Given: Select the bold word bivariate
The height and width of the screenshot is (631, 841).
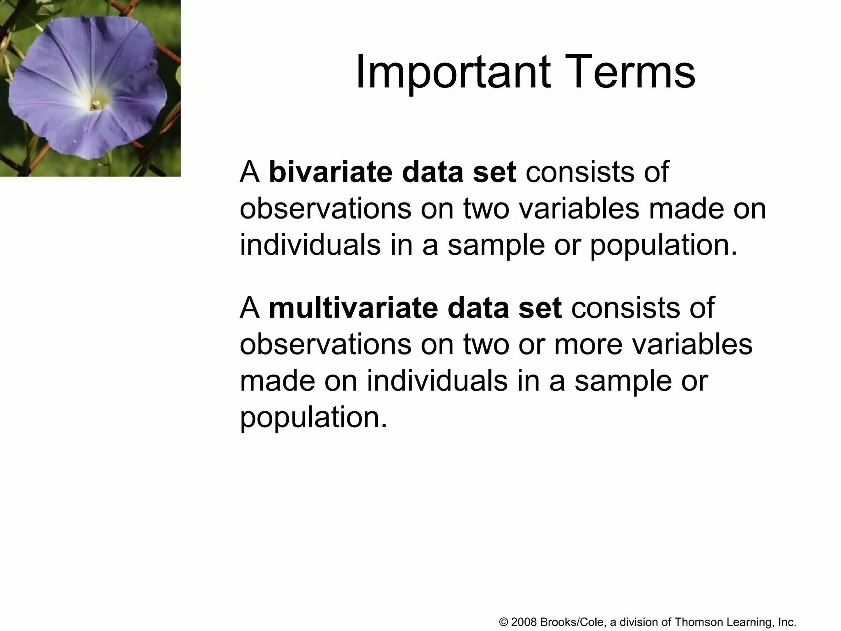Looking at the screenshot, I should click(x=331, y=172).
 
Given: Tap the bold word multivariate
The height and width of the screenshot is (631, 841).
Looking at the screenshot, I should click(x=353, y=308).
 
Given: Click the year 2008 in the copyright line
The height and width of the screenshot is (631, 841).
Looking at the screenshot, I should click(x=524, y=622).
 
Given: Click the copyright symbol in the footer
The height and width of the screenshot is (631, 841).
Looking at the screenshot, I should click(x=504, y=622).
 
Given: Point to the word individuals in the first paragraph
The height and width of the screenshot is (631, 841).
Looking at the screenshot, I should click(x=310, y=245).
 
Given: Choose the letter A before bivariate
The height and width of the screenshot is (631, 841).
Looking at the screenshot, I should click(x=250, y=173).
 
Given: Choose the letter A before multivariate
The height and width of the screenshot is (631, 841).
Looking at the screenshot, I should click(x=250, y=308).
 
